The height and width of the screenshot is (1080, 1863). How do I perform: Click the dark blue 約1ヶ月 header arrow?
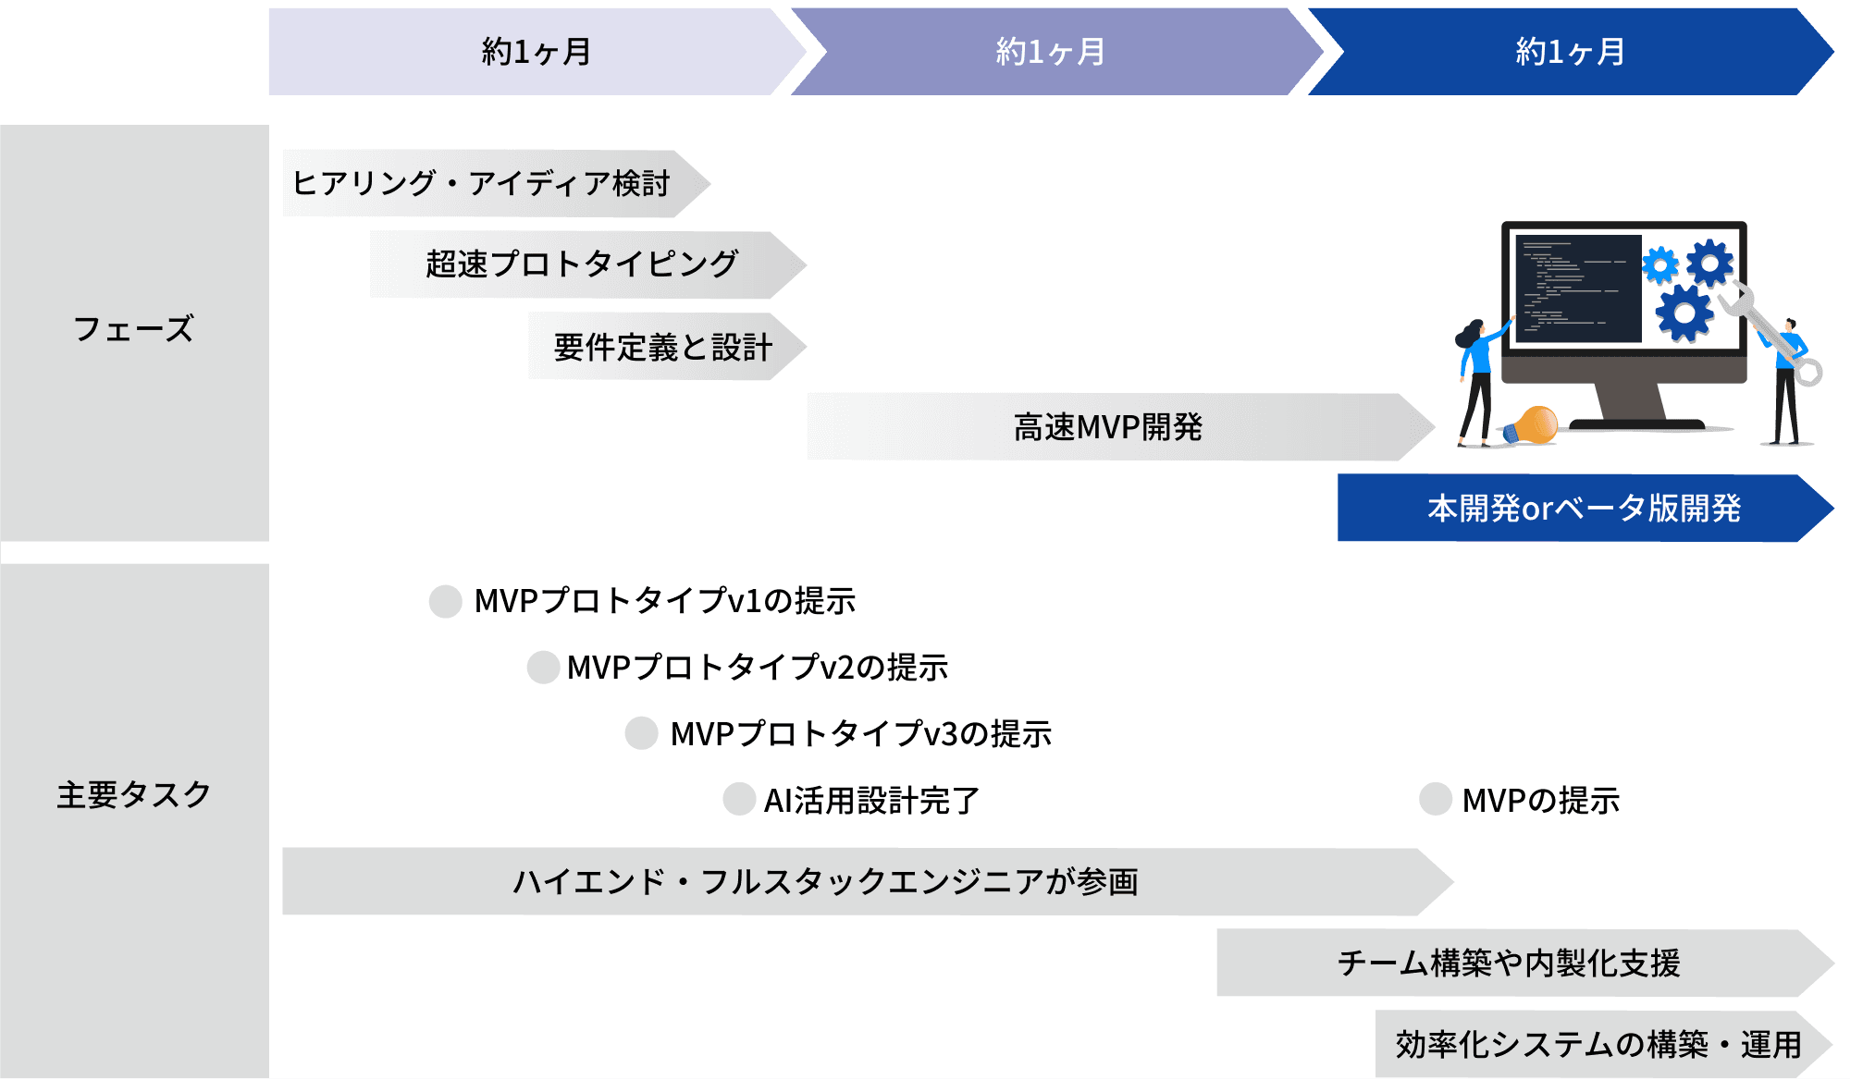[x=1569, y=52]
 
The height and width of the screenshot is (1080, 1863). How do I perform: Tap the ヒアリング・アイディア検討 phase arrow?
[x=481, y=183]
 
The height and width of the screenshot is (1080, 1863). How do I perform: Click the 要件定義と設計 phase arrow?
[x=662, y=347]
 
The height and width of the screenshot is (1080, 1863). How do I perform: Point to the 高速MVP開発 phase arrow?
[x=1107, y=427]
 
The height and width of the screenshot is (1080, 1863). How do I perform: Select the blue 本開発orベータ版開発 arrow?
[x=1583, y=508]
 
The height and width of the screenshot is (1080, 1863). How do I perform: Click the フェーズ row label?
[x=133, y=329]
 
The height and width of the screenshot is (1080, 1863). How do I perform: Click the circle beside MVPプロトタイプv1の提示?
[x=445, y=601]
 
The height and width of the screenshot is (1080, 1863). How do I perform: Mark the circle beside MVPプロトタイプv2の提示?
[x=543, y=667]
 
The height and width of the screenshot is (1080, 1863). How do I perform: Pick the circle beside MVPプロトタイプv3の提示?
[x=641, y=733]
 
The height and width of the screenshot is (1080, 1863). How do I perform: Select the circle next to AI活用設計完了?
[x=739, y=799]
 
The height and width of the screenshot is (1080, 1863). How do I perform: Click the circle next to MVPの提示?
[x=1435, y=799]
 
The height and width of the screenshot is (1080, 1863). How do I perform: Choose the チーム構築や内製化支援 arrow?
[x=1510, y=963]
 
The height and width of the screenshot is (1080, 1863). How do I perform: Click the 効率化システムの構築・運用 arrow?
[x=1598, y=1044]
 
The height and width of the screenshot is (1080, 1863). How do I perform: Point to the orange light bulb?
[x=1535, y=424]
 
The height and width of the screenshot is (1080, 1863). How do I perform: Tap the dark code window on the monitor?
[x=1578, y=288]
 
